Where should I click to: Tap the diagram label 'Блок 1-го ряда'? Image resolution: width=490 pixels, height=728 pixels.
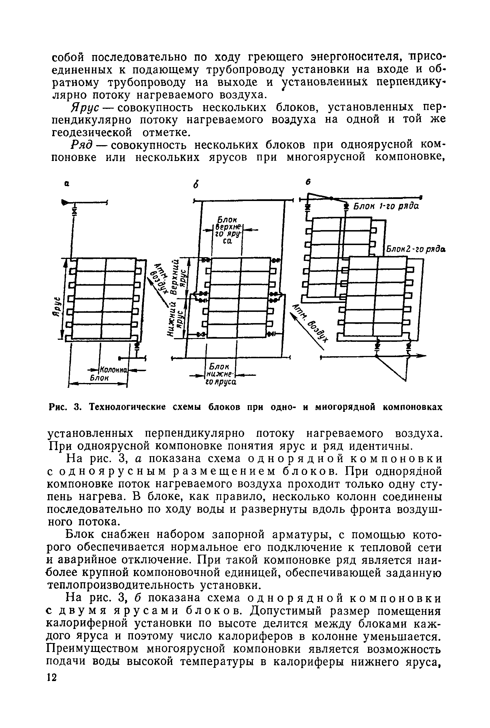pos(386,207)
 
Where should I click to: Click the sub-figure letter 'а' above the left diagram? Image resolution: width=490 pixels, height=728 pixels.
pos(67,185)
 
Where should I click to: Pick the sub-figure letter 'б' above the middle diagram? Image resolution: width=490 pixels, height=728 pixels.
pos(196,185)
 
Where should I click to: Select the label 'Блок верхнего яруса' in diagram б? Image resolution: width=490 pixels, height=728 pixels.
pos(227,230)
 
